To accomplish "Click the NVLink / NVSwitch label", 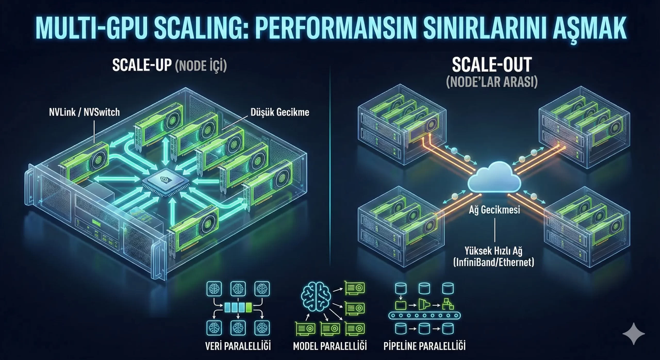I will pos(84,112).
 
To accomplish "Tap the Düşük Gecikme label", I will pos(280,112).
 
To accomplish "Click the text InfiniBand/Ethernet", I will pos(494,262).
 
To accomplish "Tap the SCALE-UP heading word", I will pos(142,65).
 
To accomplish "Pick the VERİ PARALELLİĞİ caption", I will pos(238,346).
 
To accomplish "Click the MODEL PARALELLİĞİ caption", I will pos(330,346).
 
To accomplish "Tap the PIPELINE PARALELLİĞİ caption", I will pos(425,346).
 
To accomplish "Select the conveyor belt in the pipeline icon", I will pos(424,315).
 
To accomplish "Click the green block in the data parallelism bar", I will pos(249,307).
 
